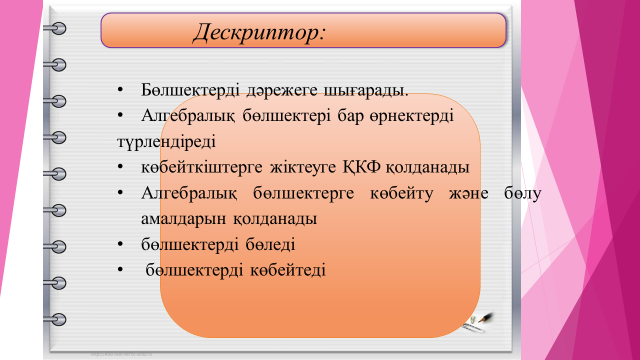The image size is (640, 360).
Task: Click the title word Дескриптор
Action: (259, 32)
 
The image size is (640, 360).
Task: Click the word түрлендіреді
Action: (166, 142)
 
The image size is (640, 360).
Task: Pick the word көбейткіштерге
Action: (202, 167)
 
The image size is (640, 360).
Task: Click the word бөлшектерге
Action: (303, 193)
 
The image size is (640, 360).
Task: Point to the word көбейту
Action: (401, 193)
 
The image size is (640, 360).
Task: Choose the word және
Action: (469, 193)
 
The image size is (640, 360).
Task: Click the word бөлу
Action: (523, 193)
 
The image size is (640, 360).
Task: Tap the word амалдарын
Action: (183, 219)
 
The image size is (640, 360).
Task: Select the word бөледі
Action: (270, 244)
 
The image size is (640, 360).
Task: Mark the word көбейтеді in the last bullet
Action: (288, 270)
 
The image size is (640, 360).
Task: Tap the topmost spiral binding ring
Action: (56, 29)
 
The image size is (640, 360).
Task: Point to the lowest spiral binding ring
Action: (56, 319)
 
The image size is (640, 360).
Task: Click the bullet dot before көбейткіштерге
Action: (120, 166)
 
